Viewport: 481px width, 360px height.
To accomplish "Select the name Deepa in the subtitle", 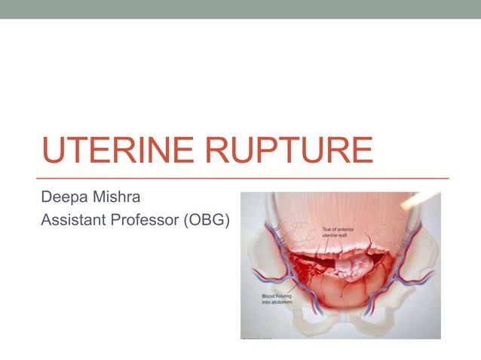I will (x=63, y=198).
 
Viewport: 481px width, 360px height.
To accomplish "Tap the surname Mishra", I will (x=116, y=198).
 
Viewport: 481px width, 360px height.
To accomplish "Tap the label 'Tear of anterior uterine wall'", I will (x=337, y=232).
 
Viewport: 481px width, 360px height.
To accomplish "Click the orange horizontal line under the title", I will (x=241, y=178).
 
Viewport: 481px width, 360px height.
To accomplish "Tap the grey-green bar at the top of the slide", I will (x=240, y=9).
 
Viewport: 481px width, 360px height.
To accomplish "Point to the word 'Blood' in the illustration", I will (x=268, y=297).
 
